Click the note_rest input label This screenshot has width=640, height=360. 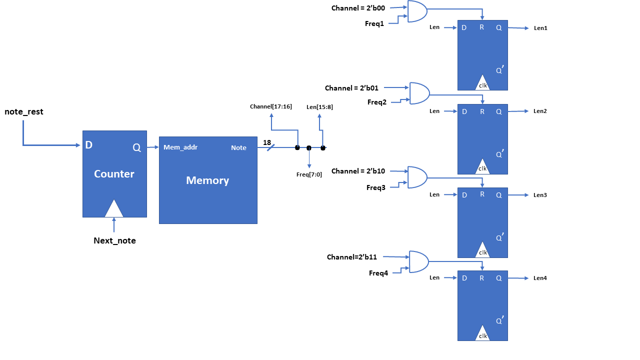pos(24,112)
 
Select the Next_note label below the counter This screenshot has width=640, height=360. pos(114,240)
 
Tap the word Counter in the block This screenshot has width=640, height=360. pos(114,174)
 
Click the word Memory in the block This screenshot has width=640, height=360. pos(207,180)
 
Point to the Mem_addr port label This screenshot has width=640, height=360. pos(180,147)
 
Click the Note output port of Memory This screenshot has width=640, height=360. pos(238,148)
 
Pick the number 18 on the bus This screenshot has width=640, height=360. pos(267,142)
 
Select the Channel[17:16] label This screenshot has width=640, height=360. pos(271,106)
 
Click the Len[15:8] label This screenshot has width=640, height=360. pos(319,106)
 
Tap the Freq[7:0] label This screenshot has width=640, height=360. pos(309,174)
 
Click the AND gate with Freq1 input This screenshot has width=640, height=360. pos(417,11)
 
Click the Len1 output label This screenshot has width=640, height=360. pos(540,28)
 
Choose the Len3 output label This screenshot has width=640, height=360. pos(540,195)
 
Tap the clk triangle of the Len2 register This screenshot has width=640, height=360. pos(482,167)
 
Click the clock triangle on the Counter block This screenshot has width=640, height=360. pos(114,209)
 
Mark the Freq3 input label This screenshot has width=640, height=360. pos(376,187)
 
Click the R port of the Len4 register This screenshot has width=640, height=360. pos(482,278)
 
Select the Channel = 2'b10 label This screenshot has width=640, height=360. pos(358,171)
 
